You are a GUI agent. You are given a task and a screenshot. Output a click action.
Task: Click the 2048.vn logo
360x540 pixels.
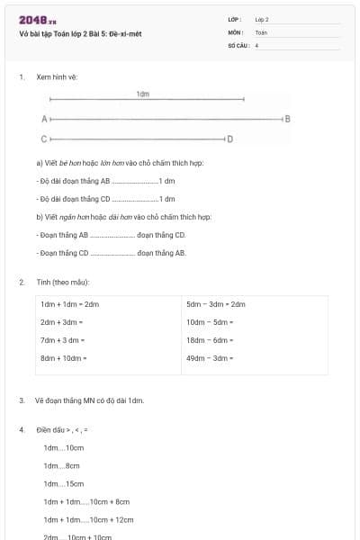click(x=37, y=20)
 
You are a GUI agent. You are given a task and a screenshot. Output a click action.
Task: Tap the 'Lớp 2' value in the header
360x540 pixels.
click(x=262, y=19)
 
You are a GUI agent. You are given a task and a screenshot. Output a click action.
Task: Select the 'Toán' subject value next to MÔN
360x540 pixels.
click(x=261, y=31)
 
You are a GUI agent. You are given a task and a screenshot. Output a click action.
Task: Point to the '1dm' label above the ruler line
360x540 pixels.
click(x=143, y=94)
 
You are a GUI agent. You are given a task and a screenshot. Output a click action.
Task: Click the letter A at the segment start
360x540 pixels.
click(x=43, y=119)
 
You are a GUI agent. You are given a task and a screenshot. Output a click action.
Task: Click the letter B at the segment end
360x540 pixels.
click(x=287, y=119)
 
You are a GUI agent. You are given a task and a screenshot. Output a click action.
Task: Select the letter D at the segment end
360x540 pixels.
click(x=229, y=139)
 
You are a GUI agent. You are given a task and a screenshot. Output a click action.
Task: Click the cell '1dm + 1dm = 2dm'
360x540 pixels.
click(x=69, y=304)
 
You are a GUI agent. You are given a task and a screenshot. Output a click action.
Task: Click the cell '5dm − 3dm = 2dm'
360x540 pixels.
click(x=216, y=304)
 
